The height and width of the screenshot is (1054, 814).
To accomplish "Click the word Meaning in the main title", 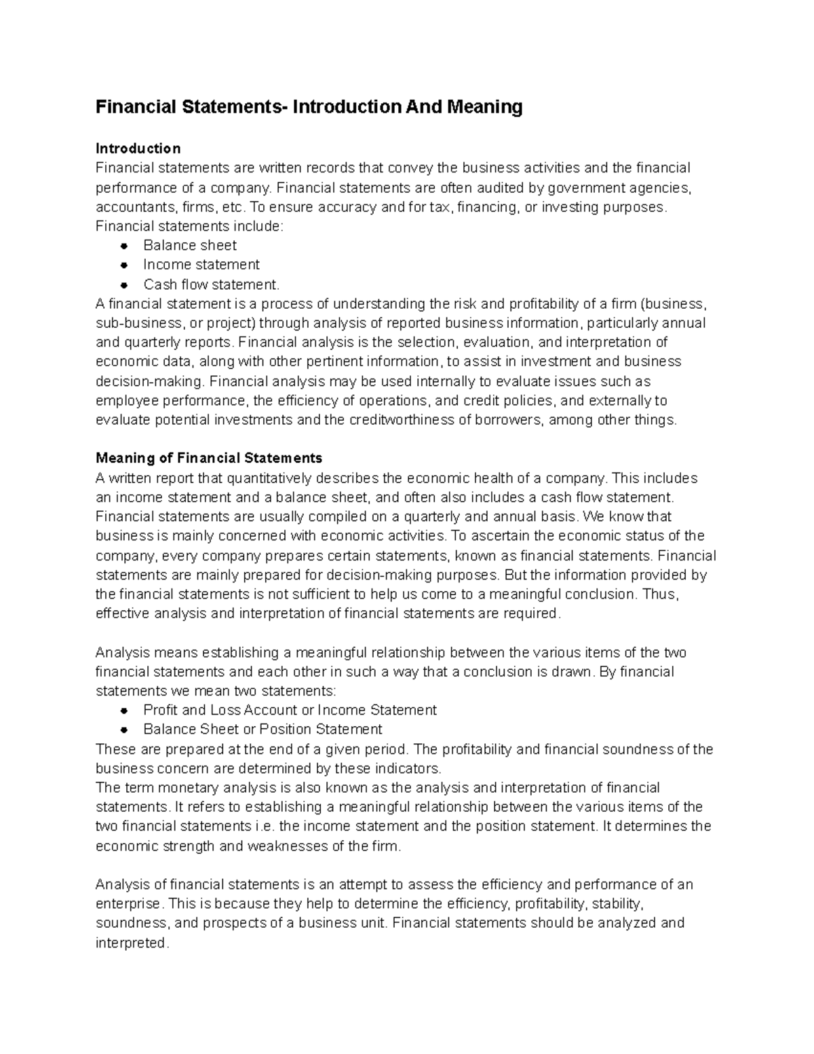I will click(x=484, y=107).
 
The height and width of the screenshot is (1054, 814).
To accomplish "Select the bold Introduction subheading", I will click(x=138, y=148).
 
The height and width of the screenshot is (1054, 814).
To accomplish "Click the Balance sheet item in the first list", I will click(x=190, y=245).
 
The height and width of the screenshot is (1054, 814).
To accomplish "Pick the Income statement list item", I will click(x=201, y=265).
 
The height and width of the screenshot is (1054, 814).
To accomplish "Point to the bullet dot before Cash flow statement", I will click(x=123, y=284).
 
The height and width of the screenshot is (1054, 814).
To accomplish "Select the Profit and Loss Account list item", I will click(x=290, y=710).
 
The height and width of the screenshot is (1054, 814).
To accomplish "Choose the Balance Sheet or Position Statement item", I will click(x=263, y=730).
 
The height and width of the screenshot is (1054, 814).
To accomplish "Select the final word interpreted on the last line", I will click(x=130, y=943).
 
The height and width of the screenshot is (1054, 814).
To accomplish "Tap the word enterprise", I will click(x=129, y=904).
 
